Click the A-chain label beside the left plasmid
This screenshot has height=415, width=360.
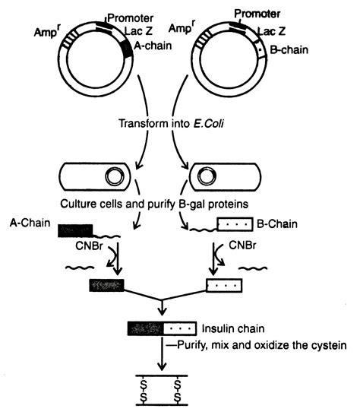(153, 46)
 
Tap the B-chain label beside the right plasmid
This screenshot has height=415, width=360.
(289, 49)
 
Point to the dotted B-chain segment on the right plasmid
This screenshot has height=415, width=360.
(261, 49)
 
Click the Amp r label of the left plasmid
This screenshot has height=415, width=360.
(46, 31)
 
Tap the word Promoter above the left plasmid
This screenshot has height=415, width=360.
(131, 18)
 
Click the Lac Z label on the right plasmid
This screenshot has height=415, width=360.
(272, 31)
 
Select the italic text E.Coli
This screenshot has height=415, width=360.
(208, 124)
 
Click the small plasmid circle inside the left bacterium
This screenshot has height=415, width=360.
(115, 176)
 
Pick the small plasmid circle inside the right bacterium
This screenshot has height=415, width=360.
(207, 176)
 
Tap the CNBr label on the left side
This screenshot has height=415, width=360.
(89, 246)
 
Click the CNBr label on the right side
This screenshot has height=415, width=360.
(242, 246)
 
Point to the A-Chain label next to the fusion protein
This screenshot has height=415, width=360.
(30, 223)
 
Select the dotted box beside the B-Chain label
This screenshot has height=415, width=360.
(235, 224)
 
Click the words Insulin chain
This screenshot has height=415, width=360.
(233, 328)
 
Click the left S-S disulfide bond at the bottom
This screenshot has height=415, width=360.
(144, 391)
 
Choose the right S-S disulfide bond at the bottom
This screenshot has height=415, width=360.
(178, 391)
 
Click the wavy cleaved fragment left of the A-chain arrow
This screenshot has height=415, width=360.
(80, 268)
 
